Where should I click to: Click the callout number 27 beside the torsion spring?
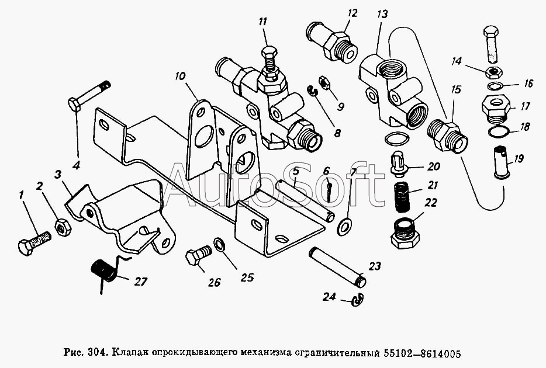tap(141, 282)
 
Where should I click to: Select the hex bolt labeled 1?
tap(34, 244)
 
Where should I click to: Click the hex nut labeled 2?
tap(63, 228)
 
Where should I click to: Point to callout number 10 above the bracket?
tap(181, 76)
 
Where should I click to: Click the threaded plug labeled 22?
tap(405, 233)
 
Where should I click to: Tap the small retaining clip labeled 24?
tap(358, 300)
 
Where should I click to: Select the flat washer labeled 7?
tap(344, 227)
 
